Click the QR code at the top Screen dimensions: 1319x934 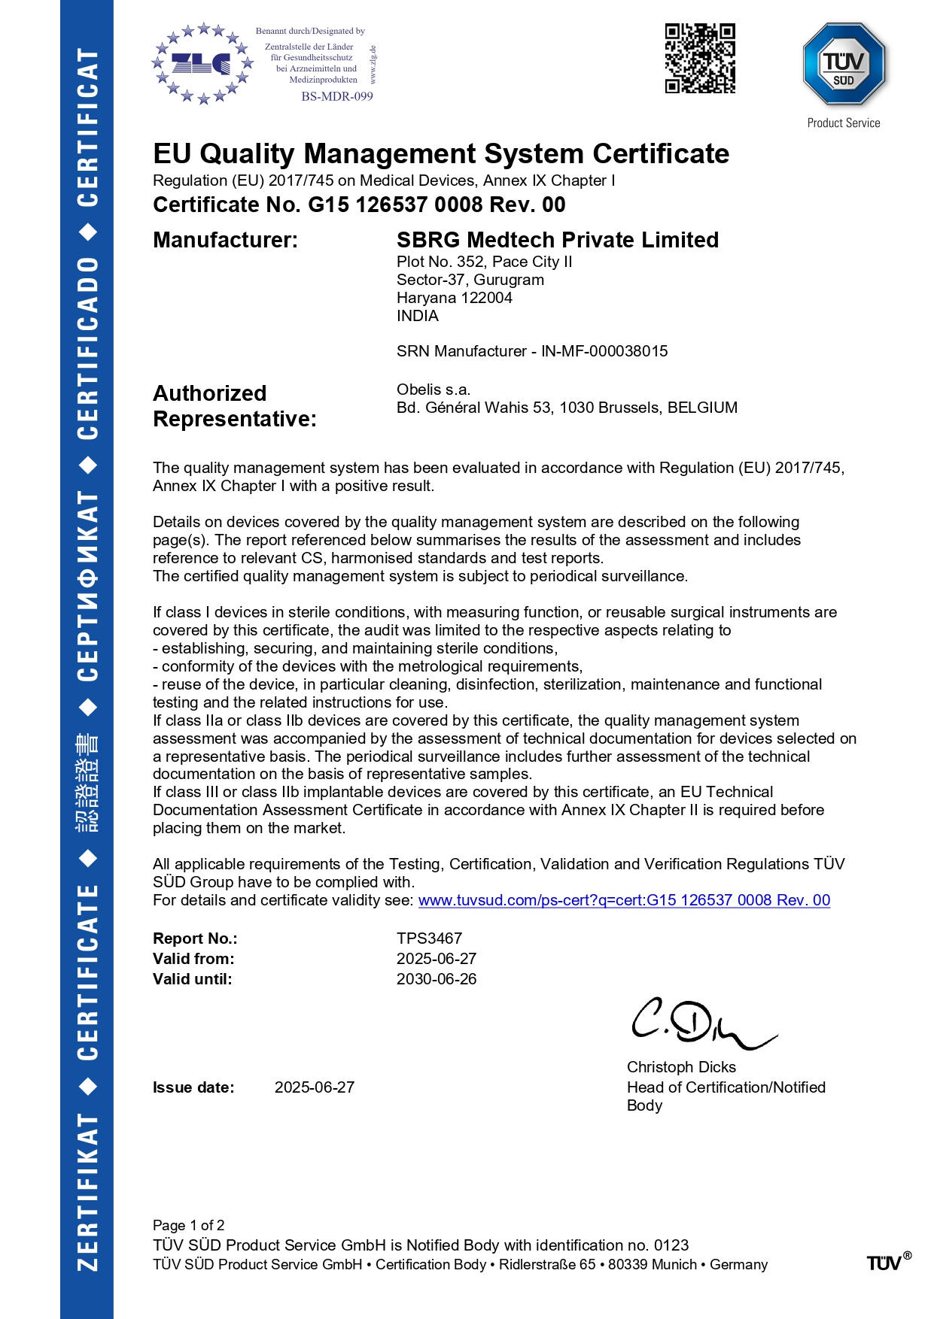699,58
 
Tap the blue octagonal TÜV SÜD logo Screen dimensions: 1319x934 844,65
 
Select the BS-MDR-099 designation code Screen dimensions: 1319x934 337,96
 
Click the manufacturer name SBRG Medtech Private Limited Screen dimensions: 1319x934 557,240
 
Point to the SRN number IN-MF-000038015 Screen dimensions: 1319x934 604,351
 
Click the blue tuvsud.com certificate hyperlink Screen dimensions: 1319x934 624,900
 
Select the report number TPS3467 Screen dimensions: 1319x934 429,938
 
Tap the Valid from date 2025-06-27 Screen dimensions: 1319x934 437,959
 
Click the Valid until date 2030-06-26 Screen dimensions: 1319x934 437,979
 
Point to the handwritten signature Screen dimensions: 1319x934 700,1023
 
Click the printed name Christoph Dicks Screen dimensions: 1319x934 681,1067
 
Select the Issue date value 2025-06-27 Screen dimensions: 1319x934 314,1087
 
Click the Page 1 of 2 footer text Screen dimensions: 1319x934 188,1225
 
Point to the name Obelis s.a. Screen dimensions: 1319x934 434,390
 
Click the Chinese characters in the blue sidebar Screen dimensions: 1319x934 87,783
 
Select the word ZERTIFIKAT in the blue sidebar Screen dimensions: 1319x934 87,1192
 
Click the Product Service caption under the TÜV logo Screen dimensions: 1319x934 844,123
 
